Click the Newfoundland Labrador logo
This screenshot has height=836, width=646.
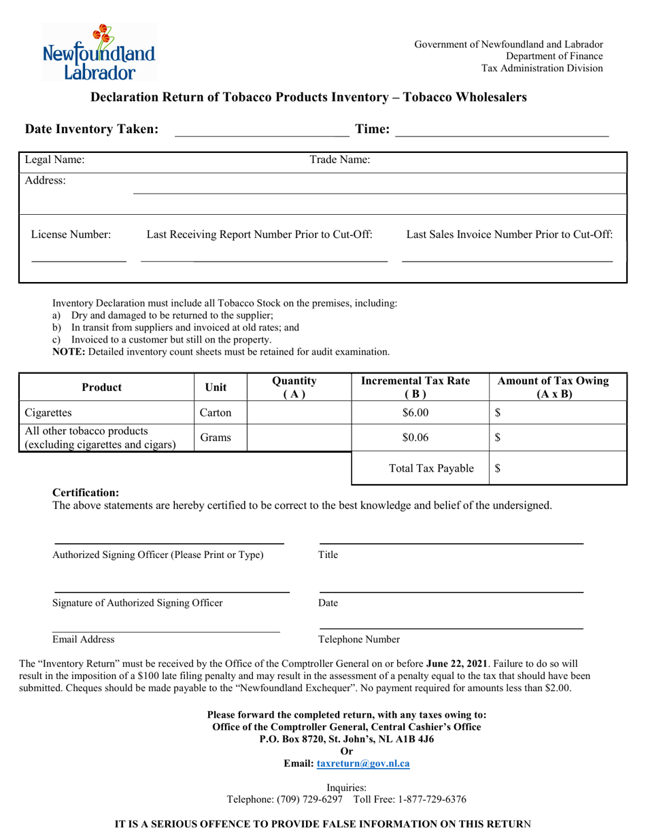pyautogui.click(x=99, y=53)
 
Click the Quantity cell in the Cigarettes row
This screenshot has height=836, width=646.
pyautogui.click(x=299, y=412)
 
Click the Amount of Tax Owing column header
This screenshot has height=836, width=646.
pyautogui.click(x=554, y=387)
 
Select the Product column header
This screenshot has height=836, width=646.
pyautogui.click(x=101, y=387)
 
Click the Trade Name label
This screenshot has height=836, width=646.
pyautogui.click(x=340, y=160)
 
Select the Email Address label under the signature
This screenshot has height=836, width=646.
pyautogui.click(x=84, y=640)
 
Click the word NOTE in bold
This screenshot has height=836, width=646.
pyautogui.click(x=69, y=351)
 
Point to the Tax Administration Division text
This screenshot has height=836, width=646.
pyautogui.click(x=542, y=68)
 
